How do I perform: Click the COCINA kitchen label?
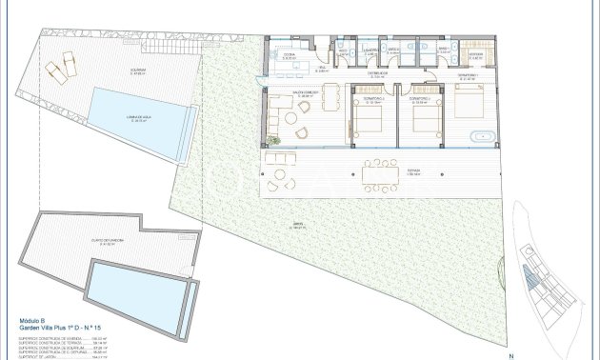pyautogui.click(x=288, y=56)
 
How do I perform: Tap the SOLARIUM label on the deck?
pyautogui.click(x=137, y=70)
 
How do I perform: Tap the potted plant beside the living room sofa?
pyautogui.click(x=274, y=141)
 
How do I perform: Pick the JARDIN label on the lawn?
pyautogui.click(x=298, y=227)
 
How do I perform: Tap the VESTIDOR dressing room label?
pyautogui.click(x=475, y=55)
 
